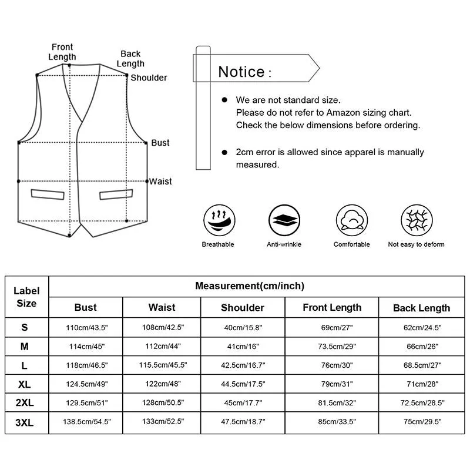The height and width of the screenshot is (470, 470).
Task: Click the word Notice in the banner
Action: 241,72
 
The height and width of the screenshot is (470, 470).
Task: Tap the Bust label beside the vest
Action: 160,143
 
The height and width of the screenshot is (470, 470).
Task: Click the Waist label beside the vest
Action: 160,182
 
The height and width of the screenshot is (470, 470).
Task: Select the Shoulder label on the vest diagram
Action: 149,78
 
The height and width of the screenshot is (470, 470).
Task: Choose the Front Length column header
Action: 332,307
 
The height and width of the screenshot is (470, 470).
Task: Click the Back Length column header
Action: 421,308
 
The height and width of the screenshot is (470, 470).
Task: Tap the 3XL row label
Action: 25,421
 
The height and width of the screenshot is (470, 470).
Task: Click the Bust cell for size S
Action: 85,327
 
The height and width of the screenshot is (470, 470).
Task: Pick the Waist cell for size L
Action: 162,365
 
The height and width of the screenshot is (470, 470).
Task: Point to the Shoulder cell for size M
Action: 242,347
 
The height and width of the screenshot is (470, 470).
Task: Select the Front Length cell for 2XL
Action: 332,403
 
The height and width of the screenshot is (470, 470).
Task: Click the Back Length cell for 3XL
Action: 421,422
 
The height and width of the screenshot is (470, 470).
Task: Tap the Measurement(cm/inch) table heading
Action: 250,286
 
